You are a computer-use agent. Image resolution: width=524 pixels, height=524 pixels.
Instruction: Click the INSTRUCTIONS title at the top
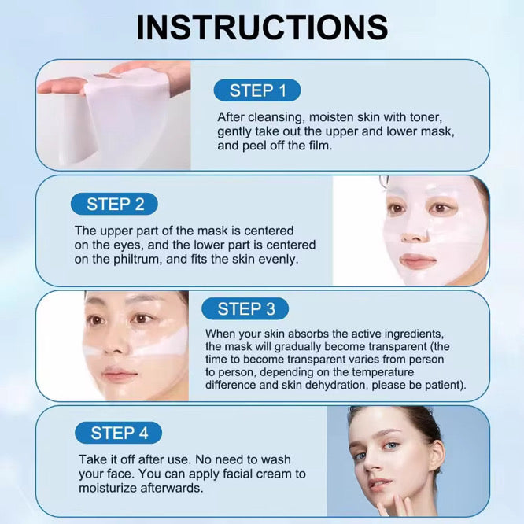(262, 28)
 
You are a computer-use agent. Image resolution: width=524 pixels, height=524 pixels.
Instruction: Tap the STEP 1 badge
(257, 90)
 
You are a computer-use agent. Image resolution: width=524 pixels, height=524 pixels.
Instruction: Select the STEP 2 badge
(115, 205)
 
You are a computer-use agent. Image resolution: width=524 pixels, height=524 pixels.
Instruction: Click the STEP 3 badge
(245, 308)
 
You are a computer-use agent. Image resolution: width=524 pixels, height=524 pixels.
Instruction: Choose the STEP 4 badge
(119, 433)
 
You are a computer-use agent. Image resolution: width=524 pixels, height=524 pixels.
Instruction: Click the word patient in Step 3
(445, 386)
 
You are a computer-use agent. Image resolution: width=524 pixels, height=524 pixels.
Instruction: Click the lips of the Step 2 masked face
(418, 261)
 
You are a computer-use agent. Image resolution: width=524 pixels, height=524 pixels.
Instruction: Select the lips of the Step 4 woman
(378, 482)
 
